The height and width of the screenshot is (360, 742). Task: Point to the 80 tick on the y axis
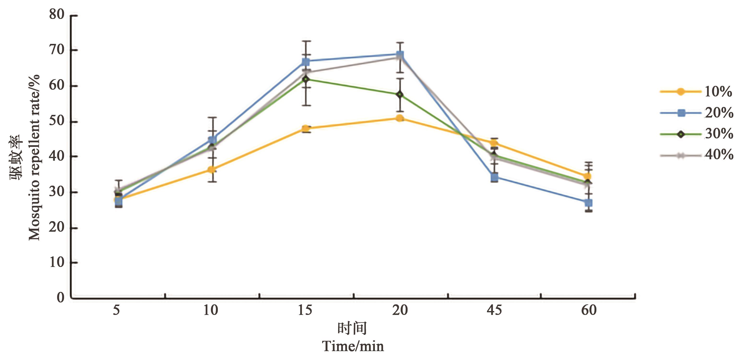pyautogui.click(x=56, y=14)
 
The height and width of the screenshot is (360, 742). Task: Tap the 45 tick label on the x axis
pyautogui.click(x=494, y=310)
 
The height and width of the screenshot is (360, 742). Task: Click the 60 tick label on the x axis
pyautogui.click(x=588, y=310)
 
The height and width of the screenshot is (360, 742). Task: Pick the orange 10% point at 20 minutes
pyautogui.click(x=399, y=118)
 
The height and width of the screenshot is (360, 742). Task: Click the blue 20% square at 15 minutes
pyautogui.click(x=306, y=62)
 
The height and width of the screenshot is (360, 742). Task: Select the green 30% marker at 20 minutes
pyautogui.click(x=399, y=95)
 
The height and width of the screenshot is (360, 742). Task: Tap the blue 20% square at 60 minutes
pyautogui.click(x=588, y=203)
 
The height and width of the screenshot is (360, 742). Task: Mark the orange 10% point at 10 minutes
pyautogui.click(x=212, y=169)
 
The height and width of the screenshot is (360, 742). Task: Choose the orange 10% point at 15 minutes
pyautogui.click(x=306, y=129)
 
